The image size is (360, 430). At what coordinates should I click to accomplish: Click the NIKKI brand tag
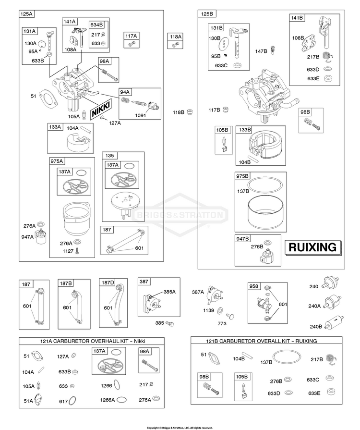101,109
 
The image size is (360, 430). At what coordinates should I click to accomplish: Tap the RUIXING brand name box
313,247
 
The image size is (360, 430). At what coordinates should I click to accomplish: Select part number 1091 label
141,115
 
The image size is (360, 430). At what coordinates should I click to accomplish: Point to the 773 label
222,324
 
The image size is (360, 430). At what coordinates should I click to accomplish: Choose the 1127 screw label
68,251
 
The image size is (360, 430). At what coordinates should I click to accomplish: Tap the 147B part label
261,51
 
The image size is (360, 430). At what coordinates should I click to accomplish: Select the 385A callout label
169,292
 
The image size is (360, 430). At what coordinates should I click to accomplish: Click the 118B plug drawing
190,111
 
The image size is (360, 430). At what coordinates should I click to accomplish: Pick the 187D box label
108,283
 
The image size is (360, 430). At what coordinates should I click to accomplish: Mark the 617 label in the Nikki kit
63,402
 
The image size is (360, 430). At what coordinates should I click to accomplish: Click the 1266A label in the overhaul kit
108,400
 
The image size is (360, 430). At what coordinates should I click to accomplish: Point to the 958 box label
254,286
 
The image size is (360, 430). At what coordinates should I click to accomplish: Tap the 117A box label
131,36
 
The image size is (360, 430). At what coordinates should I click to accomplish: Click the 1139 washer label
208,310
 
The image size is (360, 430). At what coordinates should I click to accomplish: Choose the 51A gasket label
28,401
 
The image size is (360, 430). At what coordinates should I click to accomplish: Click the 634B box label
96,25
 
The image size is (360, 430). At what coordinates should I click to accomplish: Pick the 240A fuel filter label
314,306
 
